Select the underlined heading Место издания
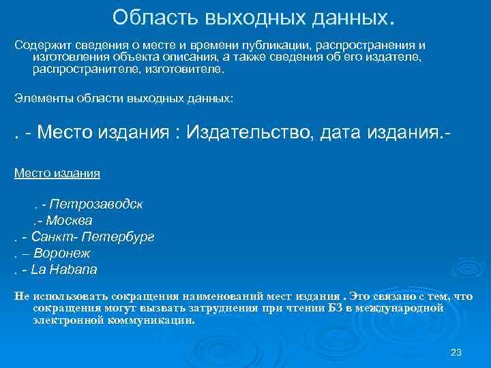[57, 172]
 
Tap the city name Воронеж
[67, 254]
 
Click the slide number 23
[456, 352]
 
